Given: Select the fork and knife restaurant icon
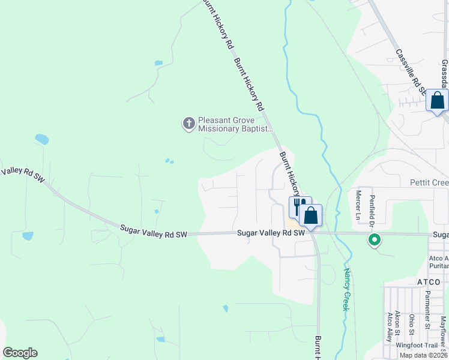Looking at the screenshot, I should click(298, 207).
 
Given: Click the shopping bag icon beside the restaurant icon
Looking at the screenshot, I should click(311, 215).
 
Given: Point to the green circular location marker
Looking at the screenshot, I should click(375, 241).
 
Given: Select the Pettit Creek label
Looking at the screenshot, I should click(429, 182).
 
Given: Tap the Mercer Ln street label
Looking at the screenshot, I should click(358, 205).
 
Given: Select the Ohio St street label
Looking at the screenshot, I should click(412, 325).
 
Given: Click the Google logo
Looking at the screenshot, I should click(20, 353).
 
